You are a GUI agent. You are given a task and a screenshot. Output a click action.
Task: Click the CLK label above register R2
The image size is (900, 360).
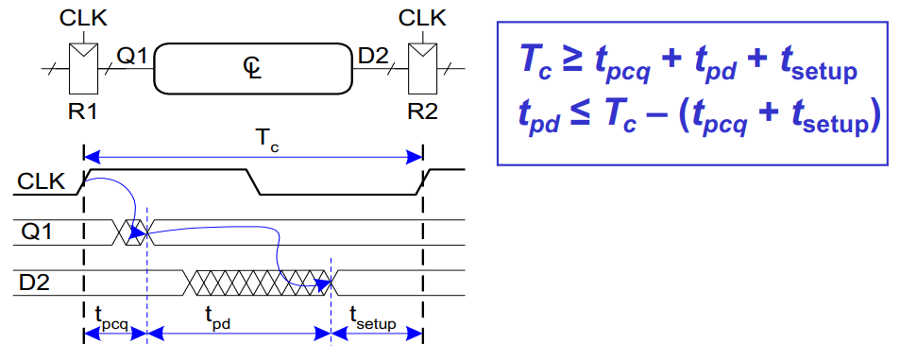coord(422,16)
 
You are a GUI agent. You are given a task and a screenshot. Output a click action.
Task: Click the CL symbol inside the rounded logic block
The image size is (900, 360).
coord(251,67)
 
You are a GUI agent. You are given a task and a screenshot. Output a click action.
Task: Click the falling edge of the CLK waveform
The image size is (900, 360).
coord(253,182)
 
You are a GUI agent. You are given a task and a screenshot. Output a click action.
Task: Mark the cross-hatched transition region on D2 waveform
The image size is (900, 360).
coord(258,281)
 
